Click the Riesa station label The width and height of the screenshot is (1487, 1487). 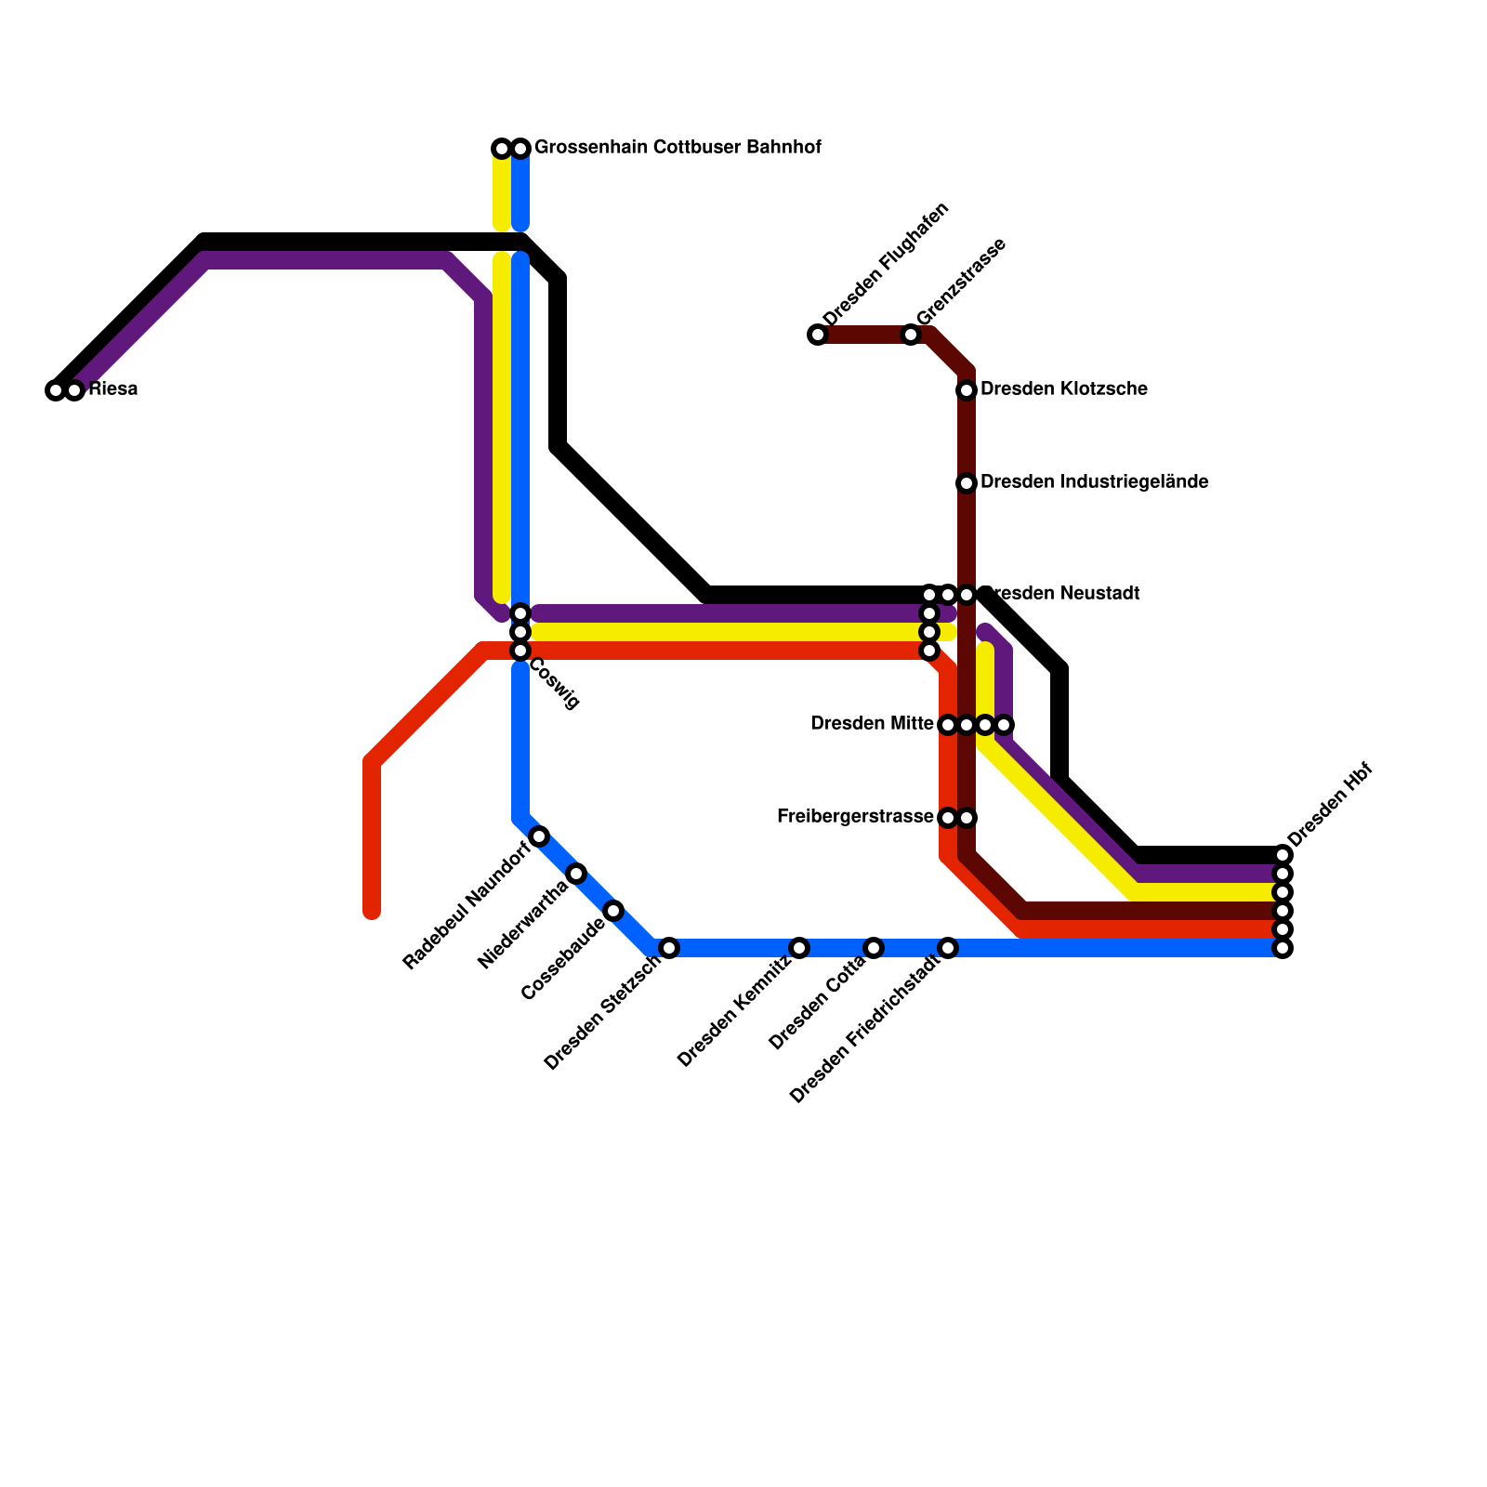[113, 389]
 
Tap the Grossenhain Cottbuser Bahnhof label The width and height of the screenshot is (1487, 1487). [678, 148]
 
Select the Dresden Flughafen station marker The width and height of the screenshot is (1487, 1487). [818, 335]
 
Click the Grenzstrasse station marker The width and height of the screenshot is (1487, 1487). [911, 335]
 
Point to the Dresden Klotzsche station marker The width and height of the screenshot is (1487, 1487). [967, 390]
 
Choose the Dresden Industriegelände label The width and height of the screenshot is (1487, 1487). [1094, 482]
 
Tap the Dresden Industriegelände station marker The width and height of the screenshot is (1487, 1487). [967, 483]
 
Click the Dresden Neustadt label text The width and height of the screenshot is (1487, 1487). [1064, 594]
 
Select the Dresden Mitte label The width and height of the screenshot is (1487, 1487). [872, 724]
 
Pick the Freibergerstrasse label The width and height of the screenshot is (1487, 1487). [855, 817]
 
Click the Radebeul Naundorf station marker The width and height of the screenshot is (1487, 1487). [539, 836]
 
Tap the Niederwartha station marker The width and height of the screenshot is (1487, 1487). [576, 874]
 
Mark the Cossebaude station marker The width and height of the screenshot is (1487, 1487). [613, 911]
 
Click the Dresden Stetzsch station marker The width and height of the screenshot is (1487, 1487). [669, 948]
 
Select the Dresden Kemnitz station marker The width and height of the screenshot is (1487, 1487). [799, 948]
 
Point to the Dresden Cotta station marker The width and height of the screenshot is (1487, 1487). [874, 948]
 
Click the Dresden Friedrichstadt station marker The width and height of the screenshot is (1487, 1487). [948, 948]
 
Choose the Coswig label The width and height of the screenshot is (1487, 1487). [555, 684]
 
